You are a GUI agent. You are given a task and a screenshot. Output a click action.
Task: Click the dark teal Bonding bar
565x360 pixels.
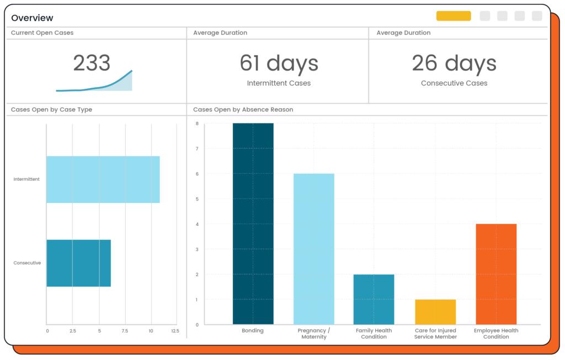click(x=253, y=224)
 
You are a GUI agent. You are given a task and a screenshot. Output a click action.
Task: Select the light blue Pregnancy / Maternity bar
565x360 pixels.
click(x=314, y=249)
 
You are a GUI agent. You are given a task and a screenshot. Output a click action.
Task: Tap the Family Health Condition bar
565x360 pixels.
click(x=374, y=299)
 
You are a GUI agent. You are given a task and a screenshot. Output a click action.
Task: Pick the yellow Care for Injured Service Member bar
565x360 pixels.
click(x=435, y=311)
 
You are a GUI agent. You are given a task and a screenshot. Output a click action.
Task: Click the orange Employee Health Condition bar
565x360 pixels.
click(x=496, y=274)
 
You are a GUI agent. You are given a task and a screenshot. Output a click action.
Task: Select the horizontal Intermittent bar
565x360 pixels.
click(x=103, y=179)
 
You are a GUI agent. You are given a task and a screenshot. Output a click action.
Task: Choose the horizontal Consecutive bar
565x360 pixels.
click(x=78, y=263)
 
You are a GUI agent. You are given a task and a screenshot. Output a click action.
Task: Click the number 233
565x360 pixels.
click(x=92, y=63)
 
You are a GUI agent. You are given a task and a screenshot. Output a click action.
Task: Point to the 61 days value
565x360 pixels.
click(x=279, y=63)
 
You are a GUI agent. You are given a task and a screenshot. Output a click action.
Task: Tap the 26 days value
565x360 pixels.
click(x=454, y=63)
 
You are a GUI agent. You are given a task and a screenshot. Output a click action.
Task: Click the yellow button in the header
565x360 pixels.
click(x=454, y=16)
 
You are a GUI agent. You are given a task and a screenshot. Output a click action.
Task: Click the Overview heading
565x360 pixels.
click(x=32, y=18)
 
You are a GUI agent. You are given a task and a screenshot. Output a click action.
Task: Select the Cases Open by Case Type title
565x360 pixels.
click(x=51, y=110)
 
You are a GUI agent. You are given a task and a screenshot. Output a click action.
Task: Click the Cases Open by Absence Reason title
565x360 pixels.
click(x=243, y=110)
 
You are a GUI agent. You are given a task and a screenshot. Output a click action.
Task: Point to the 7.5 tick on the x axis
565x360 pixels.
click(x=125, y=331)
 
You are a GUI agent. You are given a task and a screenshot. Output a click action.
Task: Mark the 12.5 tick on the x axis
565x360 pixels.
click(x=175, y=331)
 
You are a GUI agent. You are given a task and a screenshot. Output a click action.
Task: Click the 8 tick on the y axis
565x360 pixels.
click(x=197, y=123)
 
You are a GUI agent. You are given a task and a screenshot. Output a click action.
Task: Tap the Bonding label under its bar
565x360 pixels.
click(x=253, y=330)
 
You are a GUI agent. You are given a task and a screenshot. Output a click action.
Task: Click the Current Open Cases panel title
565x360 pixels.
click(x=42, y=33)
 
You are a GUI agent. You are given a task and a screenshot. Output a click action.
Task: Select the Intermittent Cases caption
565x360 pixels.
click(x=279, y=83)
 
